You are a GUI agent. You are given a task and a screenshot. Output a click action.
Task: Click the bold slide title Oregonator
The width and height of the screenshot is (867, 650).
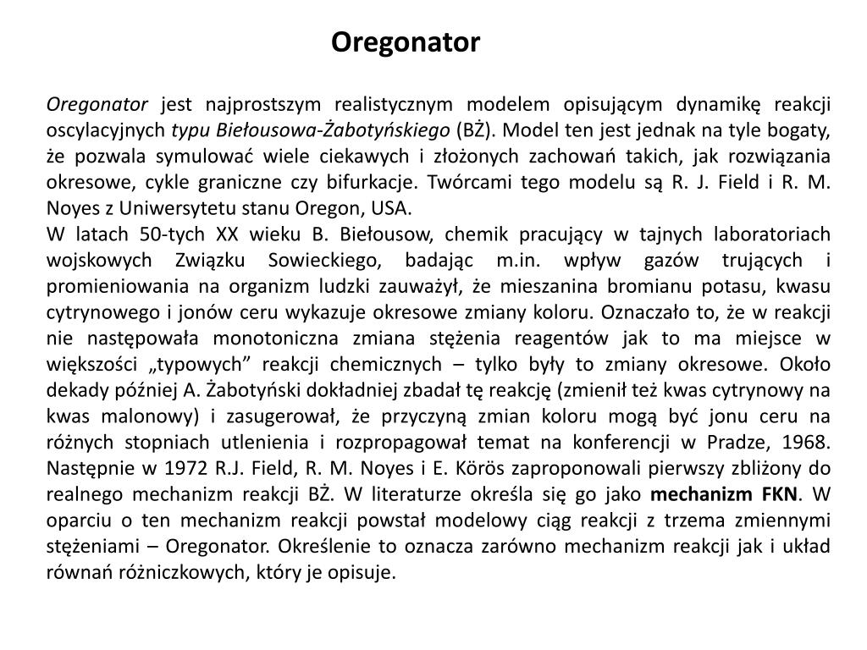[405, 41]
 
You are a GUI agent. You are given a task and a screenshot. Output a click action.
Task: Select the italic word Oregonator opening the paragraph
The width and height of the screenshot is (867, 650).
[97, 105]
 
